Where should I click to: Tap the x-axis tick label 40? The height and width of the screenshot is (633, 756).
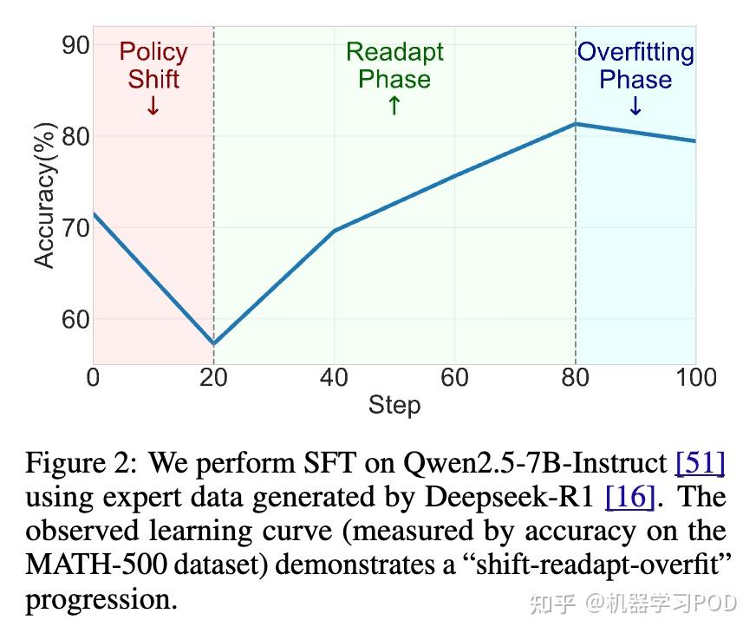pos(334,377)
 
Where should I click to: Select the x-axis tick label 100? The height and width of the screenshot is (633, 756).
pos(695,377)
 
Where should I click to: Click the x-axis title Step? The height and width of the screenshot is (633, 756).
pos(394,405)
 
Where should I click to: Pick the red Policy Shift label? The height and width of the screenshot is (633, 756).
pos(153,66)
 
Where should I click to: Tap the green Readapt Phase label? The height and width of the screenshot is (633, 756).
pos(394,66)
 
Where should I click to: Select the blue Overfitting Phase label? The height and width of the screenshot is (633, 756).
pos(635,66)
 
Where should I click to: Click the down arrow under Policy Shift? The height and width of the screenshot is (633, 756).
pos(153,107)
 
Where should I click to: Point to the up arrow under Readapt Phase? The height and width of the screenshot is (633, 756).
pos(394,106)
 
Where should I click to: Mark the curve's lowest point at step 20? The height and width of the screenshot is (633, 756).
pos(214,344)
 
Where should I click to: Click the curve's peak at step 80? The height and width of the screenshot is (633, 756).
pos(576,124)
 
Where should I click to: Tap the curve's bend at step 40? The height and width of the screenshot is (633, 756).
pos(335,231)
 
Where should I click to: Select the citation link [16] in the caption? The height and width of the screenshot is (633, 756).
pos(629,497)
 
